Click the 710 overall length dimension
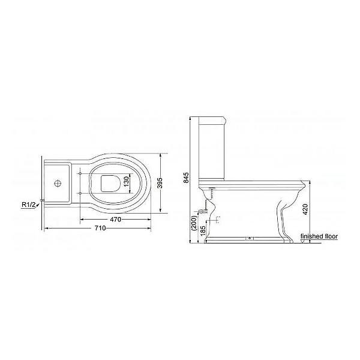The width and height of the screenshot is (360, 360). (x=100, y=228)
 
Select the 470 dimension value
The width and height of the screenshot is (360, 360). (x=115, y=220)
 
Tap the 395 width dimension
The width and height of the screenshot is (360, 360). (x=160, y=183)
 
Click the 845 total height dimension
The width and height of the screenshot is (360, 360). (x=187, y=178)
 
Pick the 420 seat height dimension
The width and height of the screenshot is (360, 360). (x=305, y=209)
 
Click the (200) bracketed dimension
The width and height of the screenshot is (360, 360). (x=194, y=223)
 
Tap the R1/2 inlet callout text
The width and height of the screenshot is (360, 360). (x=29, y=205)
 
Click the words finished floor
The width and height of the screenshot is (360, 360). (x=319, y=236)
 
